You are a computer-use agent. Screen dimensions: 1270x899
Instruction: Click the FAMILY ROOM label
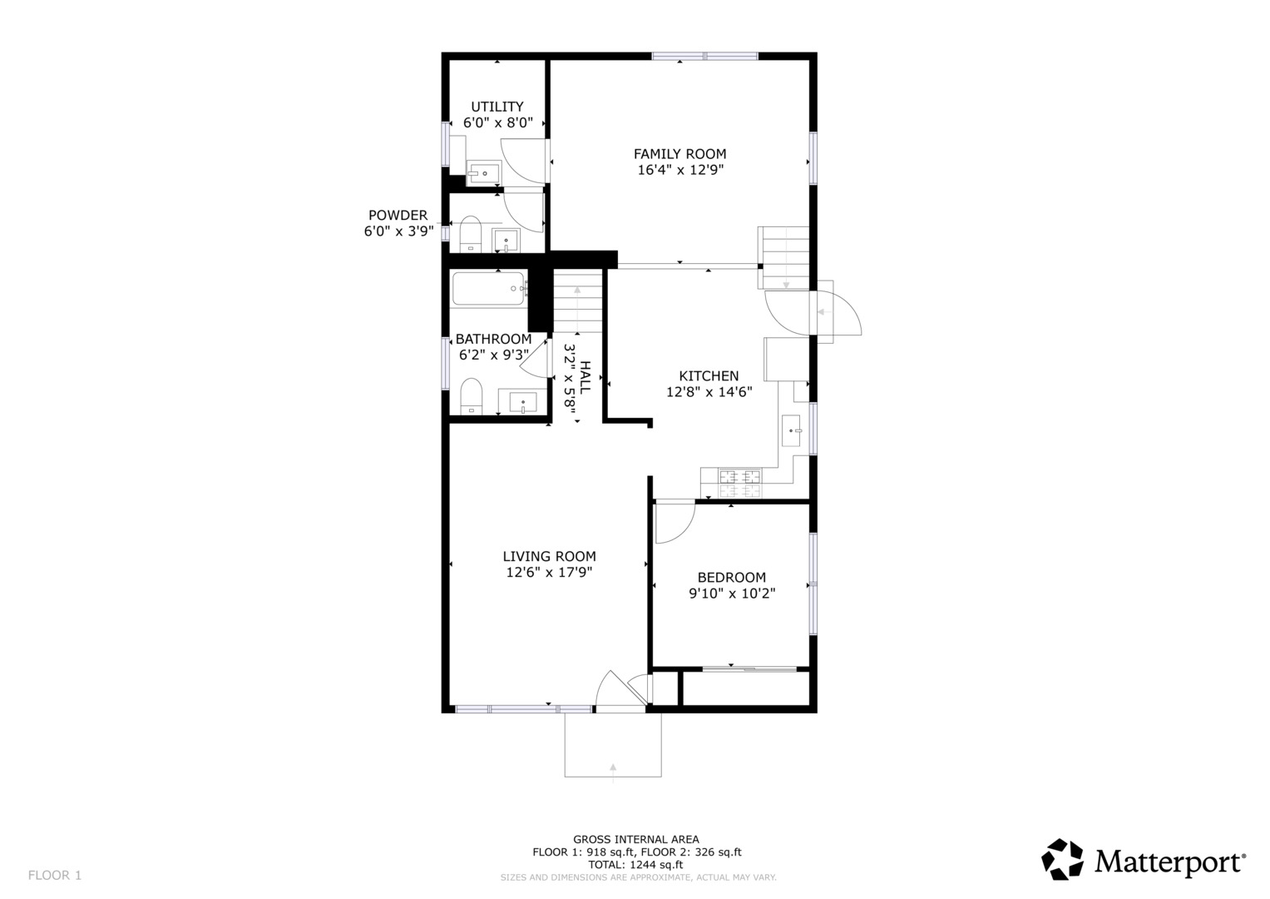(x=679, y=154)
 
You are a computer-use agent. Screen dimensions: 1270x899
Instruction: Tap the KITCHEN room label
(x=709, y=375)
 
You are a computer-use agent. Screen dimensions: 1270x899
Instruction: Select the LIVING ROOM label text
(x=550, y=556)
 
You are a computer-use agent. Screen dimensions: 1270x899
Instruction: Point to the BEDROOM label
(x=731, y=577)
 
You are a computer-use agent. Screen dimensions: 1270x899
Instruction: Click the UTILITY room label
(x=497, y=107)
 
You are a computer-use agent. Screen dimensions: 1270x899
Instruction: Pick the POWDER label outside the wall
(x=398, y=215)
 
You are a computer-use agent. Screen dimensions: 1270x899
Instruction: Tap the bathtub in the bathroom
(x=489, y=288)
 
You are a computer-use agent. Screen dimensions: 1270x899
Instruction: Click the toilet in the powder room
(x=470, y=234)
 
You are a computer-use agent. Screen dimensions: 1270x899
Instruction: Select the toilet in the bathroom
(x=471, y=396)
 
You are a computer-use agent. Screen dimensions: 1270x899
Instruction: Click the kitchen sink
(x=792, y=431)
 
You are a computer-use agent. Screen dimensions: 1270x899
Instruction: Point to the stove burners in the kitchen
(x=740, y=484)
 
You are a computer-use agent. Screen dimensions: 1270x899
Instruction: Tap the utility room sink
(x=483, y=172)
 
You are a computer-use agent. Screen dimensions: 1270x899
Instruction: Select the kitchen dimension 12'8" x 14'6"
(x=709, y=392)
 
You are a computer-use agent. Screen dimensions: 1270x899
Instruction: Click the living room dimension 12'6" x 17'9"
(x=550, y=572)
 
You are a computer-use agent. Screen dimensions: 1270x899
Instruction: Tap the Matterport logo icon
(x=1062, y=859)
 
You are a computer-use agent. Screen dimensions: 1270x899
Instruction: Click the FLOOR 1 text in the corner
(x=55, y=875)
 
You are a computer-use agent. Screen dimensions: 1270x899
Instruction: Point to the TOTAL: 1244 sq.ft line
(x=635, y=865)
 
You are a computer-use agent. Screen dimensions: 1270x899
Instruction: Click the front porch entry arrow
(x=613, y=772)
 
